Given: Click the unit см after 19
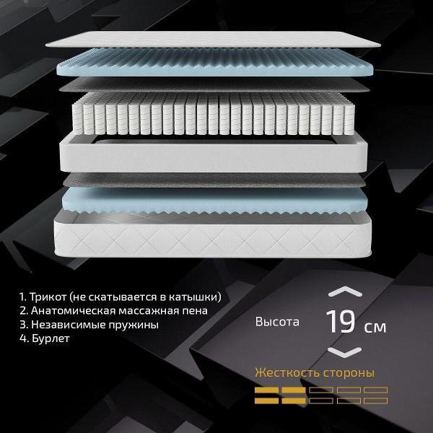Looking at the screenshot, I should [x=375, y=327].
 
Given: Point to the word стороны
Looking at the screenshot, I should [x=348, y=374].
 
